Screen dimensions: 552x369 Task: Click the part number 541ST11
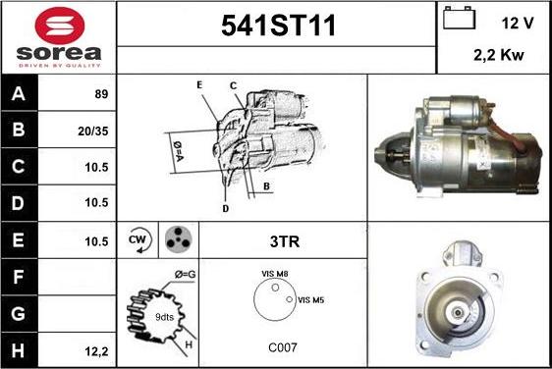point(279,26)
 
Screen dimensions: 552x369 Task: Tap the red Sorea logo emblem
point(60,26)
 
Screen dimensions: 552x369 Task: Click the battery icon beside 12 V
point(459,18)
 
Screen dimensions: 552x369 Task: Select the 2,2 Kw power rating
point(499,55)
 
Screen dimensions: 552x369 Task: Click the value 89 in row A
point(101,94)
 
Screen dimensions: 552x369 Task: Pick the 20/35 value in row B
point(93,131)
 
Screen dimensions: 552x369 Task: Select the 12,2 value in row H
point(96,351)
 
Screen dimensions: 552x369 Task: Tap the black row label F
point(19,277)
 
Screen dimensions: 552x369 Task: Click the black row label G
point(19,313)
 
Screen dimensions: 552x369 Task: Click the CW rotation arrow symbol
point(139,239)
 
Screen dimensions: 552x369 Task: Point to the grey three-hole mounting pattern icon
point(179,239)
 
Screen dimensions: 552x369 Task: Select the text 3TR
point(285,241)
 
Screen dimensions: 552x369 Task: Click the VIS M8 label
point(275,274)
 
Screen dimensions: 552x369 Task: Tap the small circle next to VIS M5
point(290,299)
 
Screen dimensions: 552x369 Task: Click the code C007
point(283,347)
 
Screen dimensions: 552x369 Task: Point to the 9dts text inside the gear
point(164,317)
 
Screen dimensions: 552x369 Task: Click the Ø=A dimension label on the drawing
point(178,151)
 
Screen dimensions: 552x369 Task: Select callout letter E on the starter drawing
point(199,84)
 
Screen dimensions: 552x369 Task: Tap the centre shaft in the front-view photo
point(458,312)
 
